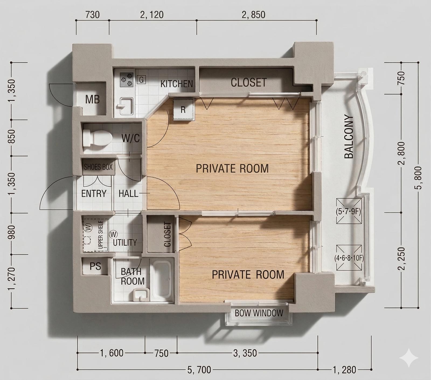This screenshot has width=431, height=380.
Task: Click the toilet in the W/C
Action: coord(97,138)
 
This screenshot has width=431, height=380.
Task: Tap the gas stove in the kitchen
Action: coord(127,80)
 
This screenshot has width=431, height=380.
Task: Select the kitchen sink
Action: coord(126,106)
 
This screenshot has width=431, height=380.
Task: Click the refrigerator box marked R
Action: coord(183,109)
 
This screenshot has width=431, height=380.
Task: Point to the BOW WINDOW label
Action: coord(259,313)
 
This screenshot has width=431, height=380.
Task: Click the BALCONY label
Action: coord(349,137)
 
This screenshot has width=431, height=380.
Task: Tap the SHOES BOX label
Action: coord(98,167)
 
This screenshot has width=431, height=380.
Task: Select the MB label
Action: coord(92,100)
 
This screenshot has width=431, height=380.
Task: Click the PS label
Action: coord(95,266)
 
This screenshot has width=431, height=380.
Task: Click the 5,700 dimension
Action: coord(199,369)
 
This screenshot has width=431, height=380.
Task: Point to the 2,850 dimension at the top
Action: coord(253,15)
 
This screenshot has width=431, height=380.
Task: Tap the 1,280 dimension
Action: coord(345,369)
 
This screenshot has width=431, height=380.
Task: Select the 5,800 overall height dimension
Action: coord(419,178)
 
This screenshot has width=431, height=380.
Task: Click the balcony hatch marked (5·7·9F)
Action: coord(349,211)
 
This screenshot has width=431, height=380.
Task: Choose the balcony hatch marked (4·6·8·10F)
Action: coord(349,258)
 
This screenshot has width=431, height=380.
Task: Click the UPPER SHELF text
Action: coord(101,235)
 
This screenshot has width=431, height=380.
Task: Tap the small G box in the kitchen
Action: coord(141,80)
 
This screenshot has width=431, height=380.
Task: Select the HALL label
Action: coord(128,193)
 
